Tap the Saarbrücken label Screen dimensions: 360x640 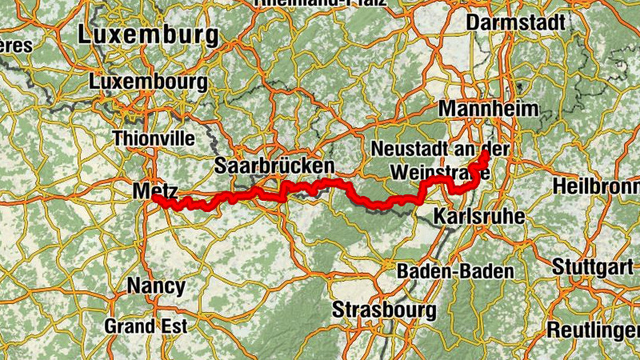click(x=274, y=166)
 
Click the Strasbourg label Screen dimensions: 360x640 click(x=385, y=310)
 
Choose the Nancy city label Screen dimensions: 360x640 click(x=156, y=286)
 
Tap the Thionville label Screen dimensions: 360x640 click(x=154, y=138)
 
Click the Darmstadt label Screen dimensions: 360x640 click(x=515, y=22)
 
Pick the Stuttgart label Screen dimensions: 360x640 click(x=591, y=266)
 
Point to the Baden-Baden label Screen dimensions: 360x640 click(x=455, y=271)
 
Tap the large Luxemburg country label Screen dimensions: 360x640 click(x=148, y=36)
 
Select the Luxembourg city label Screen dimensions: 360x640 click(x=149, y=82)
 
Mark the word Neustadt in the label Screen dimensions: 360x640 click(x=408, y=150)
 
